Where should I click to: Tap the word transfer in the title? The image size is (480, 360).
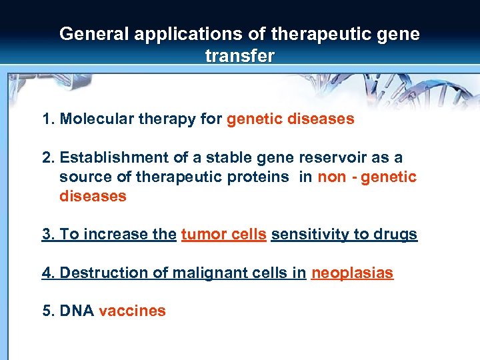(x=240, y=56)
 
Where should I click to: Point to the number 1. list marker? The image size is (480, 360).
(x=48, y=119)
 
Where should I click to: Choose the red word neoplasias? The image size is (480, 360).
(x=353, y=273)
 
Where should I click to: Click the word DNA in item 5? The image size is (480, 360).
(x=77, y=311)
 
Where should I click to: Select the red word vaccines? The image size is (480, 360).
(x=132, y=311)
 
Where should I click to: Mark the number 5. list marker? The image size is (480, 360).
(x=48, y=311)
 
